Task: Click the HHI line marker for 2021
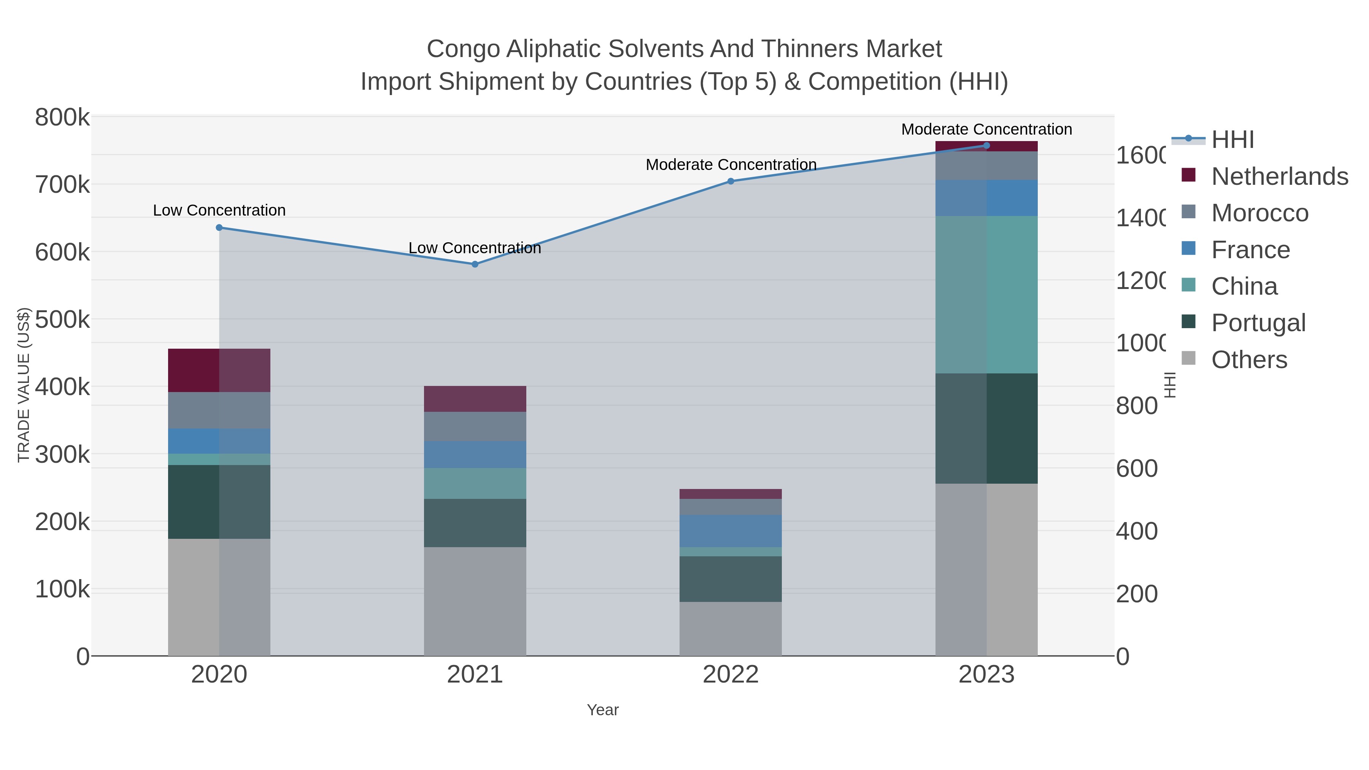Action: point(475,264)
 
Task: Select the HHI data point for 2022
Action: point(731,181)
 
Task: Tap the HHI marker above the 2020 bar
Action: point(219,227)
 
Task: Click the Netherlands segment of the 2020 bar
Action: point(219,370)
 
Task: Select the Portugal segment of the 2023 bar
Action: point(986,428)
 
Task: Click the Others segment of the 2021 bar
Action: point(475,601)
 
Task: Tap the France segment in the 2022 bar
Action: point(731,531)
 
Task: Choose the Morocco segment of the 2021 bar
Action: point(475,426)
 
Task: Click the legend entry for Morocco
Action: point(1259,213)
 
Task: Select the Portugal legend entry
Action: point(1258,323)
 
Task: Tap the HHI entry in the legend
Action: point(1232,140)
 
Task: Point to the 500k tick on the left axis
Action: point(62,320)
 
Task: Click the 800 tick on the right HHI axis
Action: point(1136,406)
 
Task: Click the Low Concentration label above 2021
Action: point(475,248)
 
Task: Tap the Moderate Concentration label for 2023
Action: point(986,130)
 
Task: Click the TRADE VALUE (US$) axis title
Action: point(24,385)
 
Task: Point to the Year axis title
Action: point(603,710)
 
